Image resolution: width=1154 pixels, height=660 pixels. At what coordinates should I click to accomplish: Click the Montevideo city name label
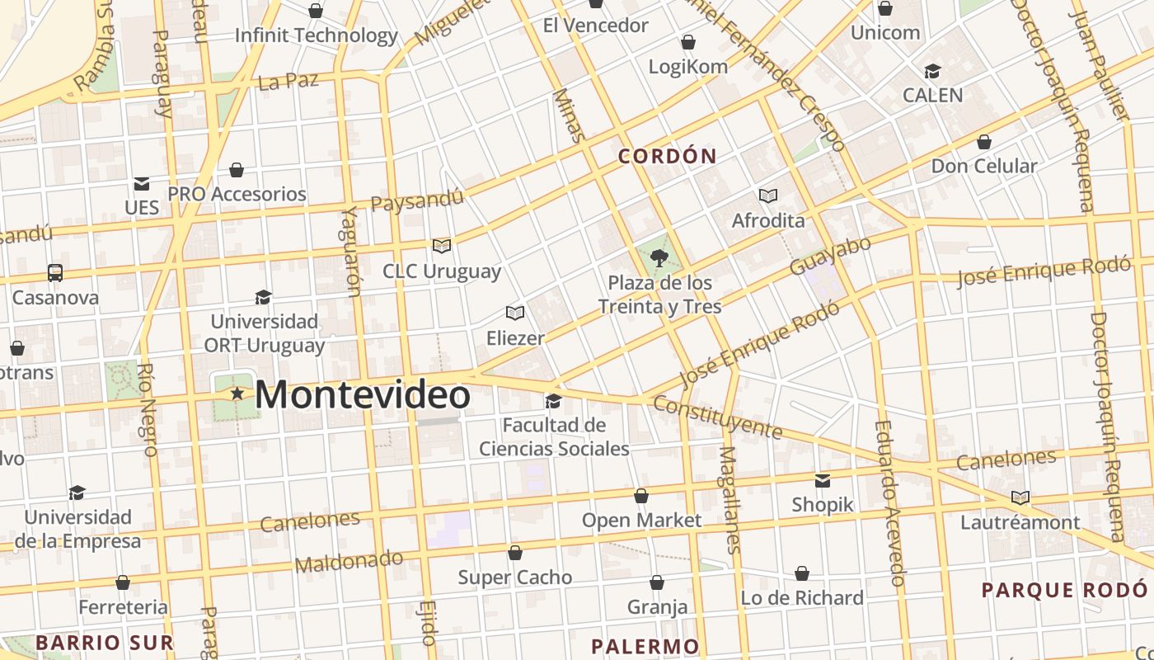(x=363, y=394)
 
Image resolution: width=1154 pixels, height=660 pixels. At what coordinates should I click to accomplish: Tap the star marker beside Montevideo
(x=237, y=394)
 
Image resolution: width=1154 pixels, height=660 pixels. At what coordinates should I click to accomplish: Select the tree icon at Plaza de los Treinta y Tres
(x=659, y=259)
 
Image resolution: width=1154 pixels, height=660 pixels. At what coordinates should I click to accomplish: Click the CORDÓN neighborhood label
(x=668, y=156)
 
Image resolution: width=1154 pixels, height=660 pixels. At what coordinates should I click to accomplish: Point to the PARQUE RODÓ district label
(x=1064, y=590)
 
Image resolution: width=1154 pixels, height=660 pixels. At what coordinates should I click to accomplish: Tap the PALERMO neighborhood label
(x=645, y=646)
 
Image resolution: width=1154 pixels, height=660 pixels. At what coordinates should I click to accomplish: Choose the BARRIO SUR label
(x=105, y=643)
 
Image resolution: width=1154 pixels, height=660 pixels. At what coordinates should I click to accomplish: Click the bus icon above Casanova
(x=55, y=272)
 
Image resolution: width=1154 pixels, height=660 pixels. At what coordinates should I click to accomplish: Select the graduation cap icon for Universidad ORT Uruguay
(x=263, y=297)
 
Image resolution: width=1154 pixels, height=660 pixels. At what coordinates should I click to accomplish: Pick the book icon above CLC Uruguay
(x=442, y=246)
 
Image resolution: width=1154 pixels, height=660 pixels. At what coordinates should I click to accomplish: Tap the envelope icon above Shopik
(x=823, y=480)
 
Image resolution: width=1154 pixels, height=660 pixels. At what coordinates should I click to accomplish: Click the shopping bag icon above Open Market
(x=641, y=496)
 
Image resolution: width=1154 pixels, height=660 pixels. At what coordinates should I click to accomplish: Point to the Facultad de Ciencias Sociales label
(x=554, y=437)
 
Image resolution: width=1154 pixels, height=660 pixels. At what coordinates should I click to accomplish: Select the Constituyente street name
(x=717, y=417)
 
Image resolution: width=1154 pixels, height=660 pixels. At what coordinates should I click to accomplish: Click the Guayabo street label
(x=830, y=257)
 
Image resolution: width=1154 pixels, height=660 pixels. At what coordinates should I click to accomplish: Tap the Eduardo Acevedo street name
(x=890, y=503)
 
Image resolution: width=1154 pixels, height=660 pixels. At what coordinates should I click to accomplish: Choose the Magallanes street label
(x=729, y=500)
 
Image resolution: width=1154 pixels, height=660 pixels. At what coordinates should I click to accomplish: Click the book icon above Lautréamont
(x=1020, y=497)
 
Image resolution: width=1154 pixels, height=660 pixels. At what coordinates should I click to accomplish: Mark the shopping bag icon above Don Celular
(x=983, y=142)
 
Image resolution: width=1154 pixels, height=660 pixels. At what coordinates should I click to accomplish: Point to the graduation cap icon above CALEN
(x=932, y=72)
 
